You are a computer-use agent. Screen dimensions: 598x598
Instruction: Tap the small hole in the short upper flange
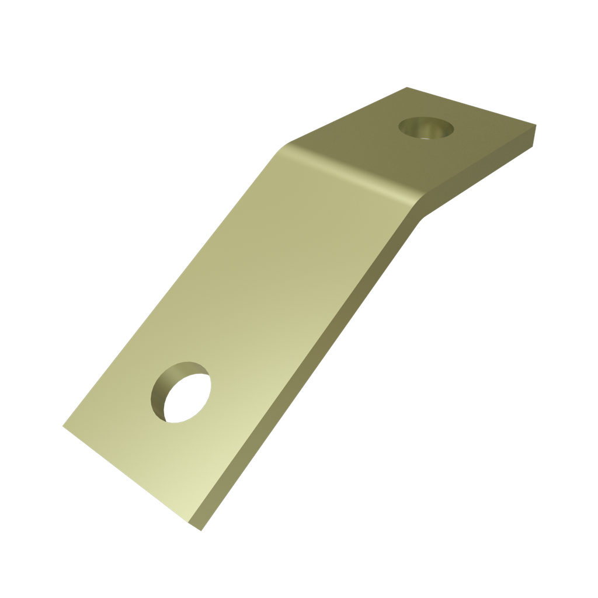[426, 127]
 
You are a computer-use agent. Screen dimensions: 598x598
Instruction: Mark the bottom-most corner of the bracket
[201, 530]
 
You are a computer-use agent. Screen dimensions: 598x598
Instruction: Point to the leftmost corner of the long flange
[63, 426]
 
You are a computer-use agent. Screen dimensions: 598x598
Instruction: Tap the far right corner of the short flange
[536, 125]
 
